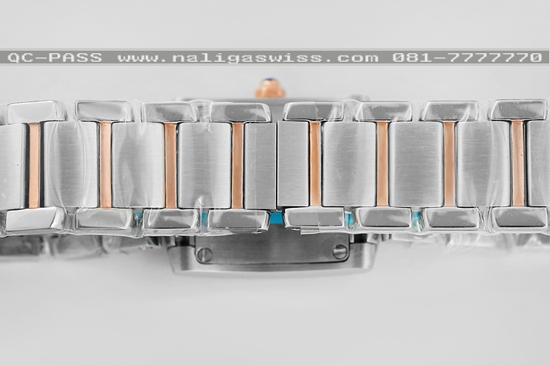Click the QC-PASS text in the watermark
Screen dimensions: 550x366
tap(55, 57)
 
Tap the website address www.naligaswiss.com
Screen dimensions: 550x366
tap(248, 57)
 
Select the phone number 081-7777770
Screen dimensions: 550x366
tap(467, 57)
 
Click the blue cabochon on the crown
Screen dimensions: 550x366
tap(269, 84)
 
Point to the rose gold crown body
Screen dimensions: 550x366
tap(270, 92)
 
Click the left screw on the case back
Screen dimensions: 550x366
tap(204, 254)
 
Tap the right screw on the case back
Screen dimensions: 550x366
tap(339, 252)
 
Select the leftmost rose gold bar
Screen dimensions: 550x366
tap(35, 166)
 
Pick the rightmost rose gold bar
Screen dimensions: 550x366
tap(518, 164)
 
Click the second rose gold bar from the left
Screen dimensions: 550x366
tap(106, 165)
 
